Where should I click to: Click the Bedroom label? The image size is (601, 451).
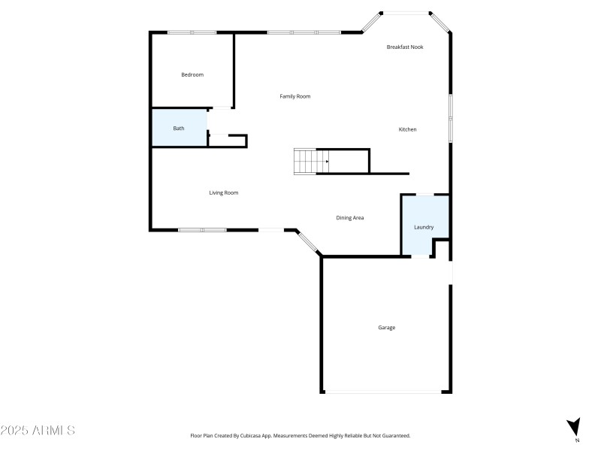point(192,74)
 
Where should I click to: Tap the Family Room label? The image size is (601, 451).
point(295,96)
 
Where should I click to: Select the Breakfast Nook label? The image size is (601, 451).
point(405,47)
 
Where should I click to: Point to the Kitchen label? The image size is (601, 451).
point(407,129)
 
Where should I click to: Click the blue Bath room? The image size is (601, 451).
point(179,128)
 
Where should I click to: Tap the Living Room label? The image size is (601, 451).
point(224,192)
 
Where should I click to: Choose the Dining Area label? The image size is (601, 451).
point(350,217)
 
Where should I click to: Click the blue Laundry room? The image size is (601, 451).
point(424,226)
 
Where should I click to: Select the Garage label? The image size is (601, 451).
point(386,327)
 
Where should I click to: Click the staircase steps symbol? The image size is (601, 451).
point(305,161)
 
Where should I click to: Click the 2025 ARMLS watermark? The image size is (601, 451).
point(38,431)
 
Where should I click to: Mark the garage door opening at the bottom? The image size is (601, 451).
point(386,392)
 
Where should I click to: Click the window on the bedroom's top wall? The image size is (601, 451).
point(192,32)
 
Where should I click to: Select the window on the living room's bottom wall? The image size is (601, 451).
point(202,230)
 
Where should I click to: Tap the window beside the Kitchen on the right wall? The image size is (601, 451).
point(450,117)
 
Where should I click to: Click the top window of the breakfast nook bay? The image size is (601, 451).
point(406,12)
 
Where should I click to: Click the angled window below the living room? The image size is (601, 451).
point(307,242)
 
